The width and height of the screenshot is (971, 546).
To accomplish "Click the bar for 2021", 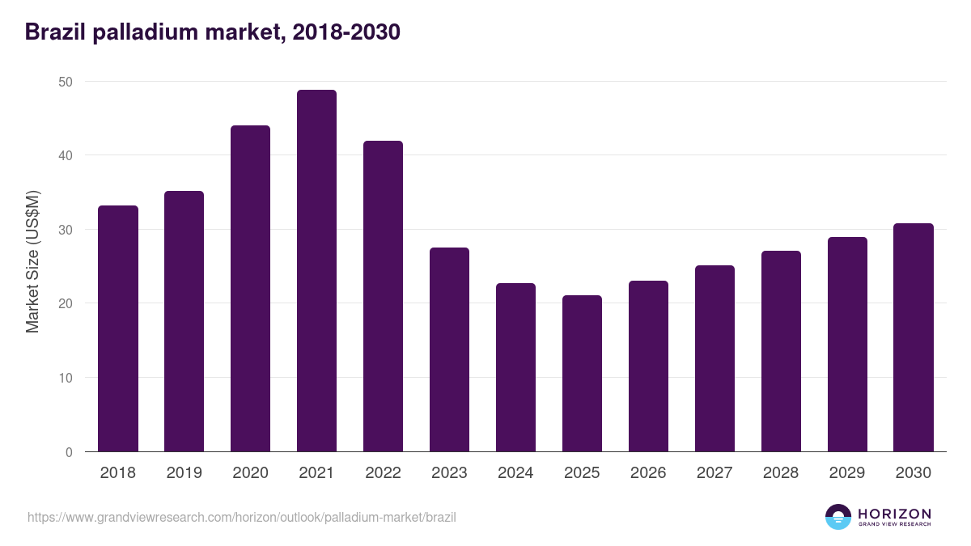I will coord(316,271).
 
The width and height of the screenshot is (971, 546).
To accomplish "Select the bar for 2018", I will coord(118,328).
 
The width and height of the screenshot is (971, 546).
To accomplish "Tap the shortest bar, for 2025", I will coord(582,374).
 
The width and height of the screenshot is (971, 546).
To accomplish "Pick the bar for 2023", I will coord(449,349).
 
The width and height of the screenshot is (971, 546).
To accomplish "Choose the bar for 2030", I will coord(914,337).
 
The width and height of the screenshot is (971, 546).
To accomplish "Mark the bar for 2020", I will coord(250,289).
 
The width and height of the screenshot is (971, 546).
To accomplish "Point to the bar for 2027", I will coord(714,358).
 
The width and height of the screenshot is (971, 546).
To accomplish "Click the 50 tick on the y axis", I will coord(66,82).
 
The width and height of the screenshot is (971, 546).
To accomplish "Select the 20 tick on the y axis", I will coord(66,303).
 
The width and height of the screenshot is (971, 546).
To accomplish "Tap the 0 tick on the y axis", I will coord(69,452).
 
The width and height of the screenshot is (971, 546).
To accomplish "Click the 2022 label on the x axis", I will coord(383,473).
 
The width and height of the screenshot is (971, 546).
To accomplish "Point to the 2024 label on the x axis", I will coord(515,473).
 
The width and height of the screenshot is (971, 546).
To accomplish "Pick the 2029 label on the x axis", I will coord(847,473).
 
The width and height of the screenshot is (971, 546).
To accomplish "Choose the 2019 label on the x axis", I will coord(184,473).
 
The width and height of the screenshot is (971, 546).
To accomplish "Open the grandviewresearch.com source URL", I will coord(241,517).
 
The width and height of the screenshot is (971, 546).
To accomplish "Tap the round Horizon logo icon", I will coord(837,517).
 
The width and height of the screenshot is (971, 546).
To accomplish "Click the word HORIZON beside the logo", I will coord(894,514).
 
